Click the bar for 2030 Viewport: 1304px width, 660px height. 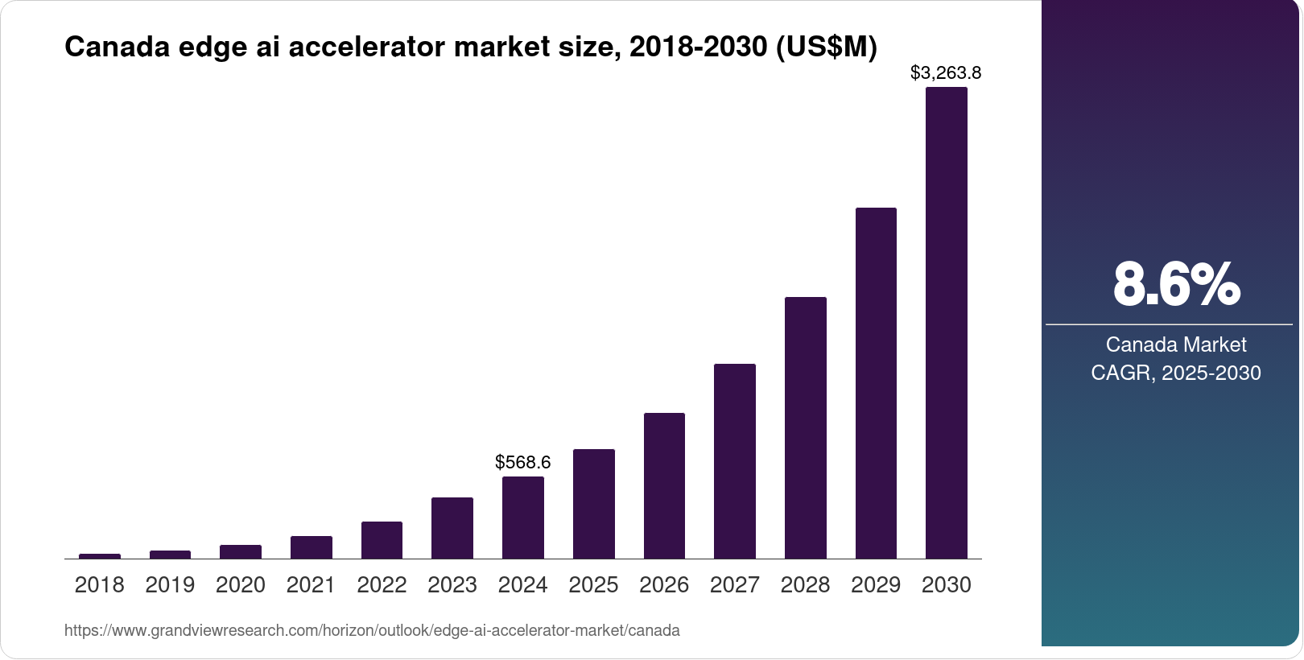(x=946, y=323)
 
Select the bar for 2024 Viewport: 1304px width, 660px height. (x=522, y=518)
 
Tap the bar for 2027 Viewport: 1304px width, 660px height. (x=734, y=461)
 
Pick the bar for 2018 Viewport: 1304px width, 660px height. (x=100, y=556)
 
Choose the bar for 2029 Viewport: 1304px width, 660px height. (x=876, y=383)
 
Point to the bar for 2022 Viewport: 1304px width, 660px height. (x=382, y=540)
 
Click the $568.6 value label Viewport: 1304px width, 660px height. (x=522, y=462)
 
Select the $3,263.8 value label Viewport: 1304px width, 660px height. (x=945, y=73)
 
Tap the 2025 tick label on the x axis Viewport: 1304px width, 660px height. (x=593, y=585)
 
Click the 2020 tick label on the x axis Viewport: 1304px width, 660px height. (x=240, y=585)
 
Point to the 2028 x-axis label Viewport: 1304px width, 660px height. (x=805, y=585)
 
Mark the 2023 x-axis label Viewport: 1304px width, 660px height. (x=452, y=585)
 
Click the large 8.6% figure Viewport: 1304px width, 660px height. (x=1175, y=284)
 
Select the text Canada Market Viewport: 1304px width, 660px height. (x=1175, y=344)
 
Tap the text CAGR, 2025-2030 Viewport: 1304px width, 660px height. (x=1175, y=373)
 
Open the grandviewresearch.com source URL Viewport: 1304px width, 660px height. (x=372, y=631)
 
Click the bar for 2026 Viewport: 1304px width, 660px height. (x=664, y=485)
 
